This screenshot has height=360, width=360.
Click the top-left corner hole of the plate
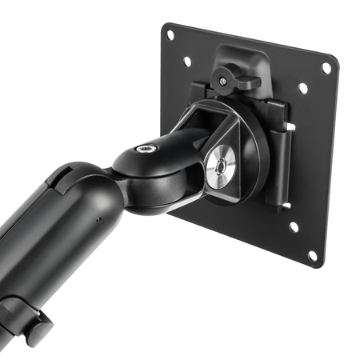(170, 34)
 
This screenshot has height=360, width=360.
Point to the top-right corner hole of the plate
(326, 68)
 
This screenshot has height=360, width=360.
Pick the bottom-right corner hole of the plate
(312, 255)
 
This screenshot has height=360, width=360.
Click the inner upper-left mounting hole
(186, 60)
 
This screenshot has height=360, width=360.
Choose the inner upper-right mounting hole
(303, 88)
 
